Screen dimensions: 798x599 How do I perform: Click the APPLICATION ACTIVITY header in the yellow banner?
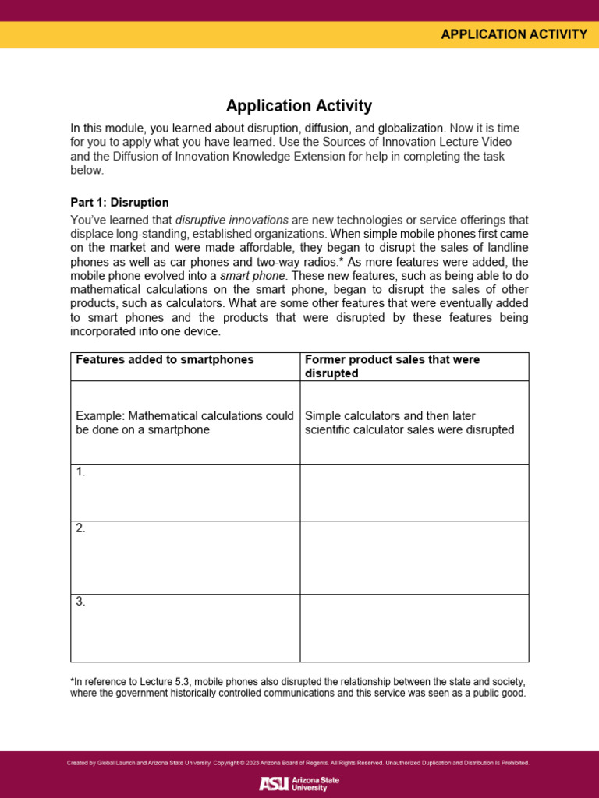(513, 34)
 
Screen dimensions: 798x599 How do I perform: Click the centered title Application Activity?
(299, 105)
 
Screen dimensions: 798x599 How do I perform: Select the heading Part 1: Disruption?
(119, 203)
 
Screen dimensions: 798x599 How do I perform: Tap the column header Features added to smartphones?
(165, 359)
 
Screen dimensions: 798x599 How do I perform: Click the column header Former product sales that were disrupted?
(392, 366)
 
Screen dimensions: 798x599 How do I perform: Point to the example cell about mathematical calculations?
(185, 422)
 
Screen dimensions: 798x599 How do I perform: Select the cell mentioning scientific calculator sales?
(409, 422)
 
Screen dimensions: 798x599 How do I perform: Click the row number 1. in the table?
(80, 472)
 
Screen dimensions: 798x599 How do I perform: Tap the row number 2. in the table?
(80, 528)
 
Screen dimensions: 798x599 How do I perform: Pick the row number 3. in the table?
(80, 602)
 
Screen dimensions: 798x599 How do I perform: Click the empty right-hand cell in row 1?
(414, 493)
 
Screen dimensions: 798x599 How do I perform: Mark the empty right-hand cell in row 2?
(414, 557)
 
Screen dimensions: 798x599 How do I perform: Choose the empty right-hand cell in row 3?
(414, 628)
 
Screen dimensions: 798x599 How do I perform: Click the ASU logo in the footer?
(299, 783)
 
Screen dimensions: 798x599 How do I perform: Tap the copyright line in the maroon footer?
(299, 763)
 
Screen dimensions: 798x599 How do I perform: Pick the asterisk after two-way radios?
(341, 260)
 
